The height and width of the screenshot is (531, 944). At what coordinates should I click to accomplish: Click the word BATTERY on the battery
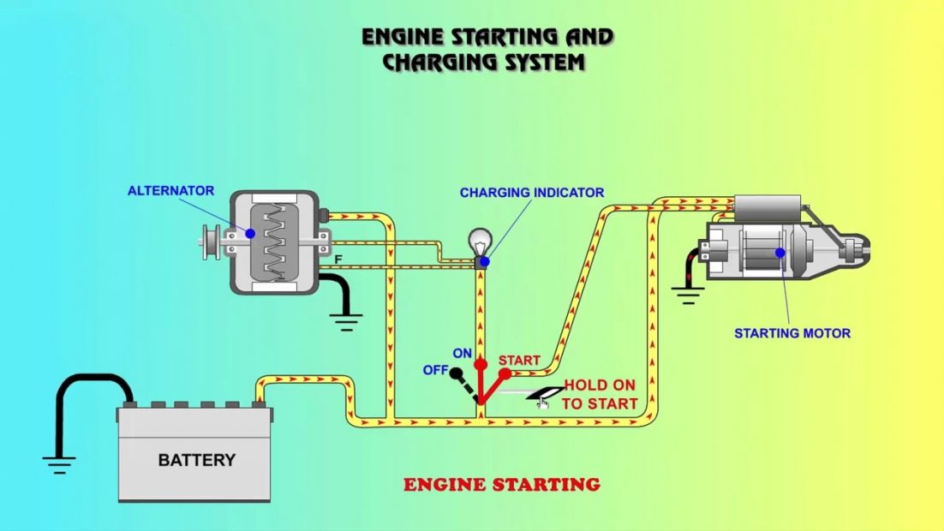pyautogui.click(x=196, y=460)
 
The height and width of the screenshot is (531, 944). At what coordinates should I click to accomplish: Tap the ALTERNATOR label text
pyautogui.click(x=170, y=190)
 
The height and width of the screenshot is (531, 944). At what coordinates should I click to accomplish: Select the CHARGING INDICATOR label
pyautogui.click(x=531, y=193)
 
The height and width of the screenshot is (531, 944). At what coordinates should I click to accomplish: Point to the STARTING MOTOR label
pyautogui.click(x=792, y=333)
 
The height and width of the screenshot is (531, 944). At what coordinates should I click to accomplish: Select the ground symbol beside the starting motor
pyautogui.click(x=687, y=295)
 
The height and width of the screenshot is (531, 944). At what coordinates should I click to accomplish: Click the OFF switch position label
pyautogui.click(x=435, y=370)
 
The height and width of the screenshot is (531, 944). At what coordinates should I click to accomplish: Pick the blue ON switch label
pyautogui.click(x=463, y=352)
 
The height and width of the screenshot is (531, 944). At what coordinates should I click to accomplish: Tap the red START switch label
pyautogui.click(x=519, y=361)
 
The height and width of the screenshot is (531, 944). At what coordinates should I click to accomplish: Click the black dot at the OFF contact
pyautogui.click(x=457, y=373)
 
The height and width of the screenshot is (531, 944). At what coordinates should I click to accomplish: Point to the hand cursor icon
pyautogui.click(x=542, y=403)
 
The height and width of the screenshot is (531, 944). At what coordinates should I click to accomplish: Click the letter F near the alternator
pyautogui.click(x=338, y=258)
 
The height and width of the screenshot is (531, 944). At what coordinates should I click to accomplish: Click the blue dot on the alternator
pyautogui.click(x=250, y=233)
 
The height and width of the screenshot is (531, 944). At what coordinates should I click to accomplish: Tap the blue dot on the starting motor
pyautogui.click(x=780, y=253)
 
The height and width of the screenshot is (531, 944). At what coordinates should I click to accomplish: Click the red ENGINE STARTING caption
pyautogui.click(x=501, y=485)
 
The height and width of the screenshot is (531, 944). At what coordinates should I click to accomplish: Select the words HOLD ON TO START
pyautogui.click(x=600, y=395)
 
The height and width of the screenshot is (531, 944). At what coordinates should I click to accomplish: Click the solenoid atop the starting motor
pyautogui.click(x=768, y=206)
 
